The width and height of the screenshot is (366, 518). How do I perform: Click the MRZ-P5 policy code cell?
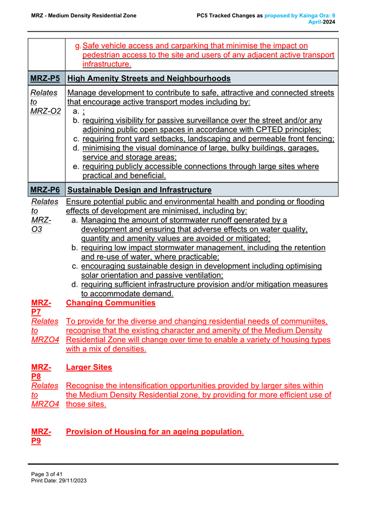click(47, 78)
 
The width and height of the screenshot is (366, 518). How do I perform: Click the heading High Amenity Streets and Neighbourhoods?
click(149, 78)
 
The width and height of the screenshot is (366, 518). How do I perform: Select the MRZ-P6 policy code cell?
click(47, 190)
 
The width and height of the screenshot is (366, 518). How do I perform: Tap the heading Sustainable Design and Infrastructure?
click(140, 190)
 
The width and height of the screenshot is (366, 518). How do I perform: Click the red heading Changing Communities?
click(111, 302)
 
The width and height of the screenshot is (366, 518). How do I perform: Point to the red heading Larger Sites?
click(89, 367)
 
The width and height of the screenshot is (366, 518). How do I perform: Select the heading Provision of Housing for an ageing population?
click(154, 431)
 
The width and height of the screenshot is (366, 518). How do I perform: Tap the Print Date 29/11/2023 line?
click(59, 480)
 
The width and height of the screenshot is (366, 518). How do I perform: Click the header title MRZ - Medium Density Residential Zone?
click(83, 16)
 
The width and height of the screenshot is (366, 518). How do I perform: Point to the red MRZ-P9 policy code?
click(41, 436)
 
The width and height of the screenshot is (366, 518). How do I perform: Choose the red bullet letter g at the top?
click(78, 45)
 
